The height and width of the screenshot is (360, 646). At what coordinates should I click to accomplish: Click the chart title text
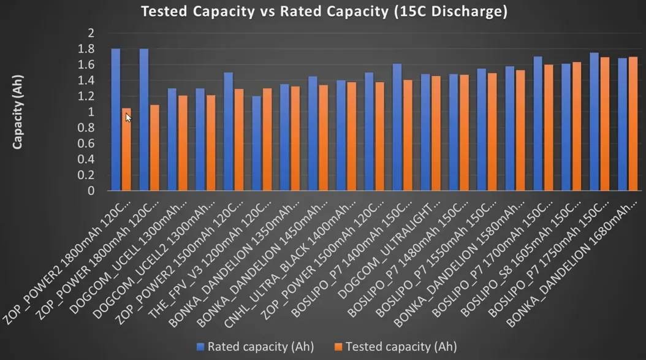point(324,12)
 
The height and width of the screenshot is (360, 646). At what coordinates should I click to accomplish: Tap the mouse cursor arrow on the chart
point(128,117)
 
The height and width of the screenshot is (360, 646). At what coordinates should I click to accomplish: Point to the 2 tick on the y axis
point(91,33)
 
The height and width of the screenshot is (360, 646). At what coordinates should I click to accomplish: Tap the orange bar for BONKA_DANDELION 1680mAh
point(633,123)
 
